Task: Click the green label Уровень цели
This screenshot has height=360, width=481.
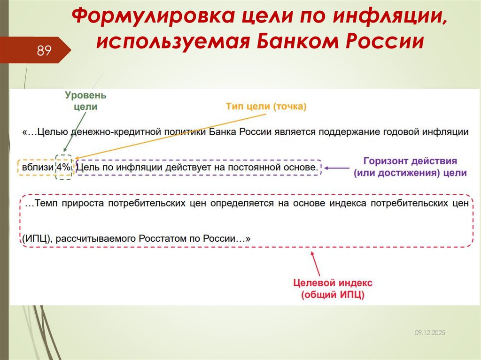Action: (x=85, y=101)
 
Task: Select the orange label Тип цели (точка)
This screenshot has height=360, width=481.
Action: (x=266, y=107)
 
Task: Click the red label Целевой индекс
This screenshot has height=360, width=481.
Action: (x=333, y=283)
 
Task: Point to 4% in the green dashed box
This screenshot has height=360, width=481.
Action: (x=63, y=167)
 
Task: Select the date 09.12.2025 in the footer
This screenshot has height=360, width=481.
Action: (x=429, y=332)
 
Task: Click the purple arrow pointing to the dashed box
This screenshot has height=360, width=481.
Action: (x=338, y=167)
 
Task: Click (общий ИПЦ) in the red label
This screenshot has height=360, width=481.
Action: (x=333, y=295)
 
